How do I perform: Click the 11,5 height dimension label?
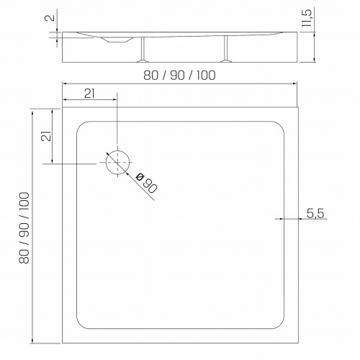(x=307, y=18)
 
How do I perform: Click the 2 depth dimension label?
(x=50, y=18)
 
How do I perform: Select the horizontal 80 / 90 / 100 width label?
(x=179, y=76)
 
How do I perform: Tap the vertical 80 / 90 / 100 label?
(x=24, y=228)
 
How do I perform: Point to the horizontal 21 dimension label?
(x=89, y=94)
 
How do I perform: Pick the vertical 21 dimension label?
(x=47, y=136)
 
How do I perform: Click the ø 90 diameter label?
(x=146, y=183)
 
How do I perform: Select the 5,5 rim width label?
(x=315, y=213)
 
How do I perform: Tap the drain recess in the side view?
(x=117, y=40)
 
